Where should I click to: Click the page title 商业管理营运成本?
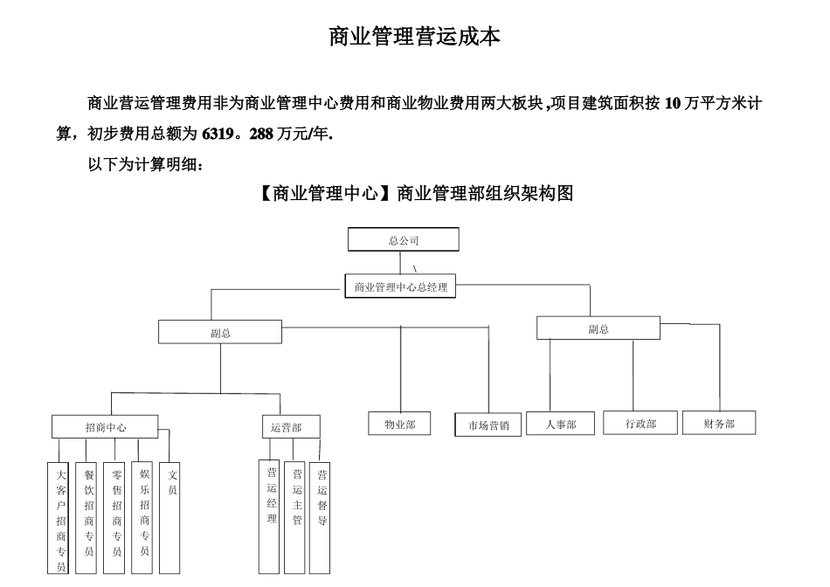click(x=415, y=37)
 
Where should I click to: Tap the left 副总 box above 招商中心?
click(x=220, y=333)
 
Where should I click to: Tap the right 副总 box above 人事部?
click(x=598, y=328)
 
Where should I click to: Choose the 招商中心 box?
click(x=105, y=428)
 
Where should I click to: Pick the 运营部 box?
click(x=290, y=428)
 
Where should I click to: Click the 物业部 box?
click(x=400, y=424)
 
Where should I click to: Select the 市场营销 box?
click(x=488, y=425)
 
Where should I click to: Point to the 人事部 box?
click(x=560, y=425)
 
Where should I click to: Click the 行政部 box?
click(x=640, y=424)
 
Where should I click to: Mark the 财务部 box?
click(x=718, y=424)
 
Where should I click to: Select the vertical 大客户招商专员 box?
click(x=59, y=519)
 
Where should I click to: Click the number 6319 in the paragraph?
click(x=218, y=135)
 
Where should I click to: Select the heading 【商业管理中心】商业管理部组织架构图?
click(x=415, y=194)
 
